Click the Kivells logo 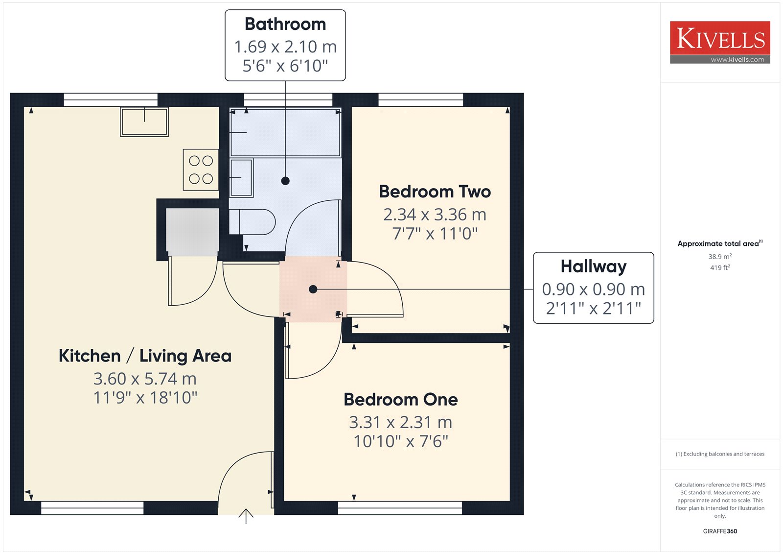pyautogui.click(x=720, y=42)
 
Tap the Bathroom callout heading pyautogui.click(x=285, y=24)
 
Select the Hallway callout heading pyautogui.click(x=594, y=266)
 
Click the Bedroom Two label pyautogui.click(x=435, y=192)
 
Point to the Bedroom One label pyautogui.click(x=401, y=399)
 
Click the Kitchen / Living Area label pyautogui.click(x=145, y=356)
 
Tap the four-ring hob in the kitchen pyautogui.click(x=201, y=170)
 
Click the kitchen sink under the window pyautogui.click(x=144, y=121)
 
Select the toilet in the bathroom pyautogui.click(x=252, y=222)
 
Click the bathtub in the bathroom pyautogui.click(x=285, y=132)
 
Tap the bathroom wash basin pyautogui.click(x=241, y=178)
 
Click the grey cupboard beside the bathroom pyautogui.click(x=192, y=232)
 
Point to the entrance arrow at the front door pyautogui.click(x=246, y=516)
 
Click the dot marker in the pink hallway pyautogui.click(x=313, y=289)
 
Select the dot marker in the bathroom pyautogui.click(x=285, y=181)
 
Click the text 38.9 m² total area pyautogui.click(x=720, y=256)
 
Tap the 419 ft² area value pyautogui.click(x=720, y=267)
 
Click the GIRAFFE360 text pyautogui.click(x=720, y=531)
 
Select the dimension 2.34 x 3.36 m pyautogui.click(x=435, y=215)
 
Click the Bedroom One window pyautogui.click(x=400, y=508)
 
